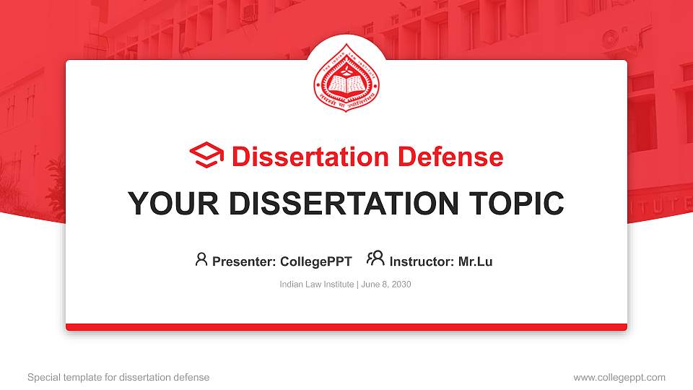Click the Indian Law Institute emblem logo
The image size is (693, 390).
tap(346, 80)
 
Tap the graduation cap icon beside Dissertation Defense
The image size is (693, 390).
tap(206, 156)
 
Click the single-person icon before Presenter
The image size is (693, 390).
tap(201, 259)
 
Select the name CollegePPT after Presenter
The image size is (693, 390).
tap(316, 261)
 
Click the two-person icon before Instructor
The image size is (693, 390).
tap(375, 259)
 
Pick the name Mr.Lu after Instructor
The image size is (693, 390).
tap(476, 261)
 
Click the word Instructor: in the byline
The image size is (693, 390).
tap(422, 261)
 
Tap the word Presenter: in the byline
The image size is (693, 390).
tap(245, 261)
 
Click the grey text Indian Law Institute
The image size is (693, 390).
tap(316, 285)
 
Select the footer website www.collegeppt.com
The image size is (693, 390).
tap(619, 377)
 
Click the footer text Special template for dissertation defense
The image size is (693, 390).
tap(118, 377)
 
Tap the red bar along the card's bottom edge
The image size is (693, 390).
tap(346, 327)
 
